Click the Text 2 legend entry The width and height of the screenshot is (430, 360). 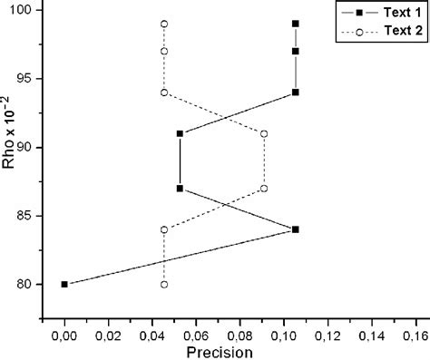click(x=380, y=32)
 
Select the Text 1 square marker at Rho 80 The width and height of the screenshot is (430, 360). click(x=64, y=284)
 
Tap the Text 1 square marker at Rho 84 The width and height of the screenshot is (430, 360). click(x=296, y=229)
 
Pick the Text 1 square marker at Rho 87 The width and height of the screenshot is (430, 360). click(x=180, y=189)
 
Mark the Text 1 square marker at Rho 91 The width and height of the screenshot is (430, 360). click(x=180, y=133)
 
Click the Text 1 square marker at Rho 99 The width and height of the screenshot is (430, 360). click(x=296, y=24)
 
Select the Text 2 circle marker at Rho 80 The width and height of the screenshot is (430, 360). click(x=164, y=284)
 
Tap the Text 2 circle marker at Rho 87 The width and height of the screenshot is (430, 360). click(x=264, y=189)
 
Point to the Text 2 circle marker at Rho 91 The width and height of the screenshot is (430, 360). click(x=264, y=133)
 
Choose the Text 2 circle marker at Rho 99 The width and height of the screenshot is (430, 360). click(x=164, y=24)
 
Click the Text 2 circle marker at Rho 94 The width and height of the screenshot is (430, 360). click(x=164, y=92)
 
